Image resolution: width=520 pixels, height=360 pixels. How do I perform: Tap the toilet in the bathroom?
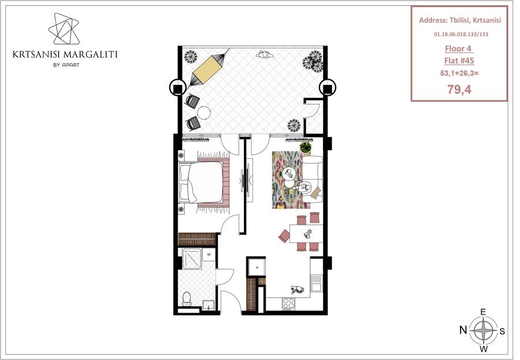click(187, 299)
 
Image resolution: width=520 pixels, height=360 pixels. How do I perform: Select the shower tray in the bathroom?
click(192, 258)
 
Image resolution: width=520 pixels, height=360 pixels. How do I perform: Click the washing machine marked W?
click(209, 254)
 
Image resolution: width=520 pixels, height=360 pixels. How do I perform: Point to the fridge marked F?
click(257, 266)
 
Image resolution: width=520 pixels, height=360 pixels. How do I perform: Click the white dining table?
click(306, 234)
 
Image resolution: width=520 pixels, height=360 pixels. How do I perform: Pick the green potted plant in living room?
click(306, 146)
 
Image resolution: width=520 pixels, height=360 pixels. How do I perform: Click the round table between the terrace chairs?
click(203, 113)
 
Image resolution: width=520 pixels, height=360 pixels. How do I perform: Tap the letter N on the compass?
click(463, 330)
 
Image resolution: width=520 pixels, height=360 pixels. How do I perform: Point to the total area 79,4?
click(459, 89)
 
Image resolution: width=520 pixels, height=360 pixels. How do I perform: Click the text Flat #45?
click(459, 61)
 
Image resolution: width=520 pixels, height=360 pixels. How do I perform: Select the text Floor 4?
click(458, 49)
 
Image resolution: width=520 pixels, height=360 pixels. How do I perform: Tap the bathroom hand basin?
click(208, 305)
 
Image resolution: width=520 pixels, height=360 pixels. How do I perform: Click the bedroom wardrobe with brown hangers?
click(197, 239)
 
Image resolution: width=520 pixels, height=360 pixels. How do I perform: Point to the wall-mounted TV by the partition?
click(246, 181)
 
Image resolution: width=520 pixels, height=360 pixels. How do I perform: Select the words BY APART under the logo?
click(66, 65)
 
